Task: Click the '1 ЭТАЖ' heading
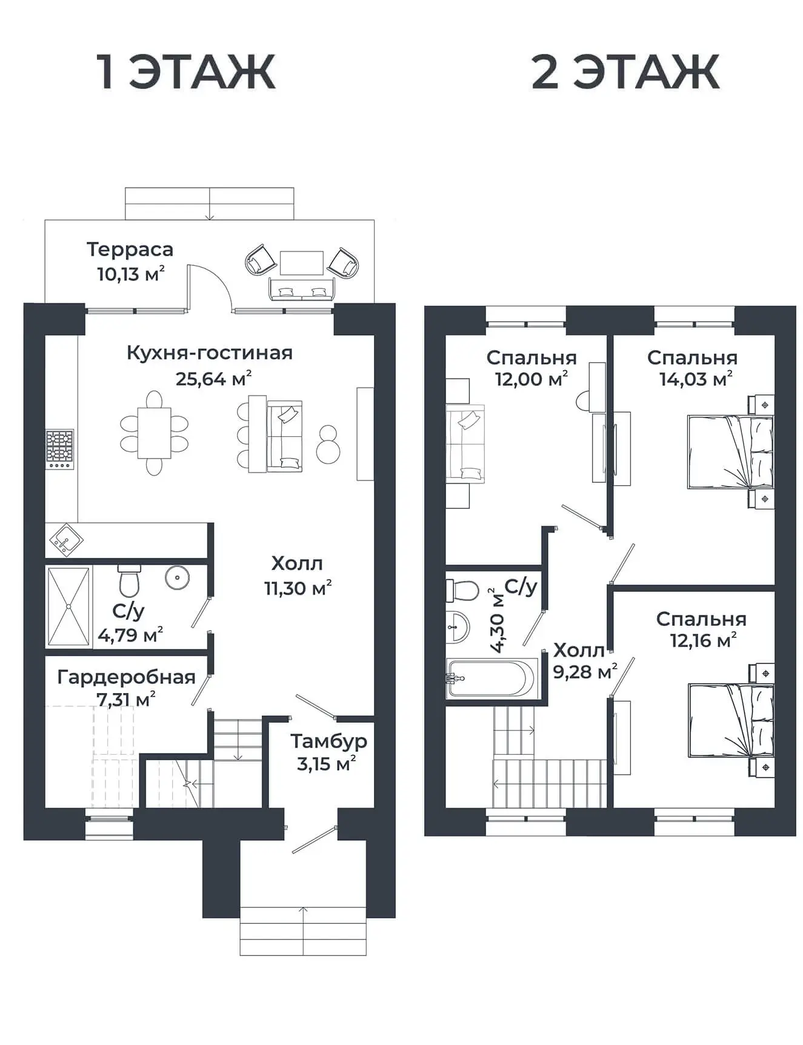coord(187,72)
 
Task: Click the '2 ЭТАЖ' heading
coord(625,72)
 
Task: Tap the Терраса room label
coord(130,249)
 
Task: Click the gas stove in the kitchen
coord(60,449)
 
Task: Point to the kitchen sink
coord(64,539)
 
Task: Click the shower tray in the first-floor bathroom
coord(69,606)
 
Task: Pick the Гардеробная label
coord(126,677)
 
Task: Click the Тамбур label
coord(328,741)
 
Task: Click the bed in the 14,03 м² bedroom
coord(730,451)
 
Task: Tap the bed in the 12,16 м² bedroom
coord(730,720)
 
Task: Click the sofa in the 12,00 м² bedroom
coord(465,444)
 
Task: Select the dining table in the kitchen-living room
coord(154,433)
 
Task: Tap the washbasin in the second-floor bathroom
coord(458,626)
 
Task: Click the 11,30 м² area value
coord(298,588)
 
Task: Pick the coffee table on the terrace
coord(301,263)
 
